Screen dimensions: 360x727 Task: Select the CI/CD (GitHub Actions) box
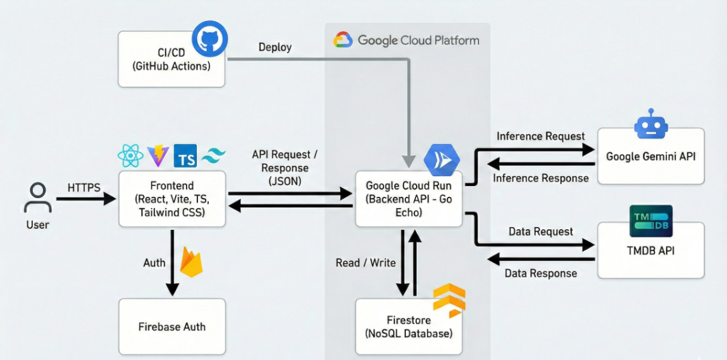(x=171, y=59)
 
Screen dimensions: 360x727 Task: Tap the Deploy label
(x=275, y=47)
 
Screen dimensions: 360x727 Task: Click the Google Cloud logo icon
(x=343, y=40)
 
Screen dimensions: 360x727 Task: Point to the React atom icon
(x=130, y=155)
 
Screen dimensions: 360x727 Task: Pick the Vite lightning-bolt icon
(x=158, y=156)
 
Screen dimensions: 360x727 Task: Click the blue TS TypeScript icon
(x=185, y=156)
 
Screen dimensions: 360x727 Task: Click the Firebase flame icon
(x=191, y=262)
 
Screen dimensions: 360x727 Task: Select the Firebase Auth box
(x=172, y=327)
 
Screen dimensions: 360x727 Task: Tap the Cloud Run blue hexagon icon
(x=441, y=161)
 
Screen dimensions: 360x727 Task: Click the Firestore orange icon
(x=449, y=300)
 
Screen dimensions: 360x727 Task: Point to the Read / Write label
(x=366, y=263)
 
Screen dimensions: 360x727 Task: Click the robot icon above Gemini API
(x=650, y=124)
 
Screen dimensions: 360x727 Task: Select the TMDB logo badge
(x=650, y=221)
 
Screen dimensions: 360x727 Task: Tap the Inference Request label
(x=541, y=137)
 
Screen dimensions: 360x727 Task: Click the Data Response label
(x=541, y=273)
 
